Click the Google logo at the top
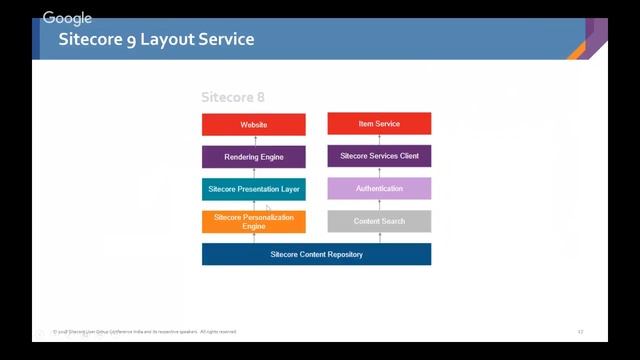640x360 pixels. point(67,18)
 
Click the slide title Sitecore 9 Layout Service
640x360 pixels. point(156,40)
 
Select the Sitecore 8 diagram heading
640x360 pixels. point(233,97)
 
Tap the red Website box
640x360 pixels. point(254,125)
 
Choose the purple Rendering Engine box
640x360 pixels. point(254,157)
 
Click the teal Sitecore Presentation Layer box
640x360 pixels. point(254,189)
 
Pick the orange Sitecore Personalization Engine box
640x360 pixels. point(254,221)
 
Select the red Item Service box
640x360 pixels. point(379,124)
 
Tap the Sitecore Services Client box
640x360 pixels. point(379,156)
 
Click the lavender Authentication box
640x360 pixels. point(379,188)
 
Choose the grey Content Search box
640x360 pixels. point(379,221)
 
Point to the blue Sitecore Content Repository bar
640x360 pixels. point(316,254)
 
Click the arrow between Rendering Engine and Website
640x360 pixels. point(254,141)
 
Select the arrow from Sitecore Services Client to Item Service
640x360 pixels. point(379,140)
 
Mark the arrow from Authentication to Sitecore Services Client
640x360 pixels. point(379,172)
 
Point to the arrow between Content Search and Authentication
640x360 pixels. point(379,204)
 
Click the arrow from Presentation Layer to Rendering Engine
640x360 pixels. point(254,173)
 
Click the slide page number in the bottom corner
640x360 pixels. point(580,331)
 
